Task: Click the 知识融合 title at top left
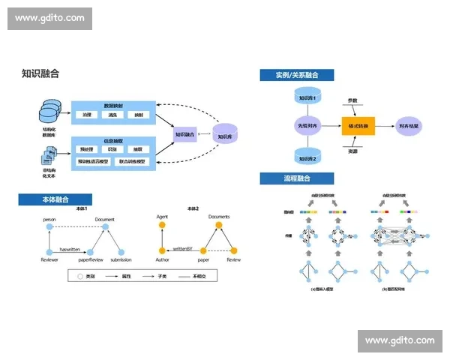pos(40,73)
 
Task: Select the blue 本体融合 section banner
pos(55,199)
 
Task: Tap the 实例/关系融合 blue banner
pos(296,75)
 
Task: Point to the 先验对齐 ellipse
pos(308,127)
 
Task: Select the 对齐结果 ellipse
pos(412,127)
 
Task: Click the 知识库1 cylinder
pos(308,97)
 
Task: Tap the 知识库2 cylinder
pos(308,158)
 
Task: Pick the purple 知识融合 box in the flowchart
pos(185,134)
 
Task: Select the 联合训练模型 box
pos(133,161)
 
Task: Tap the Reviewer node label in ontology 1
pos(49,259)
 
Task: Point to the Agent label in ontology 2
pos(161,216)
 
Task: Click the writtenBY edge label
pos(182,247)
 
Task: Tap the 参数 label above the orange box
pos(352,100)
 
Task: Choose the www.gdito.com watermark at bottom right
pos(399,340)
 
